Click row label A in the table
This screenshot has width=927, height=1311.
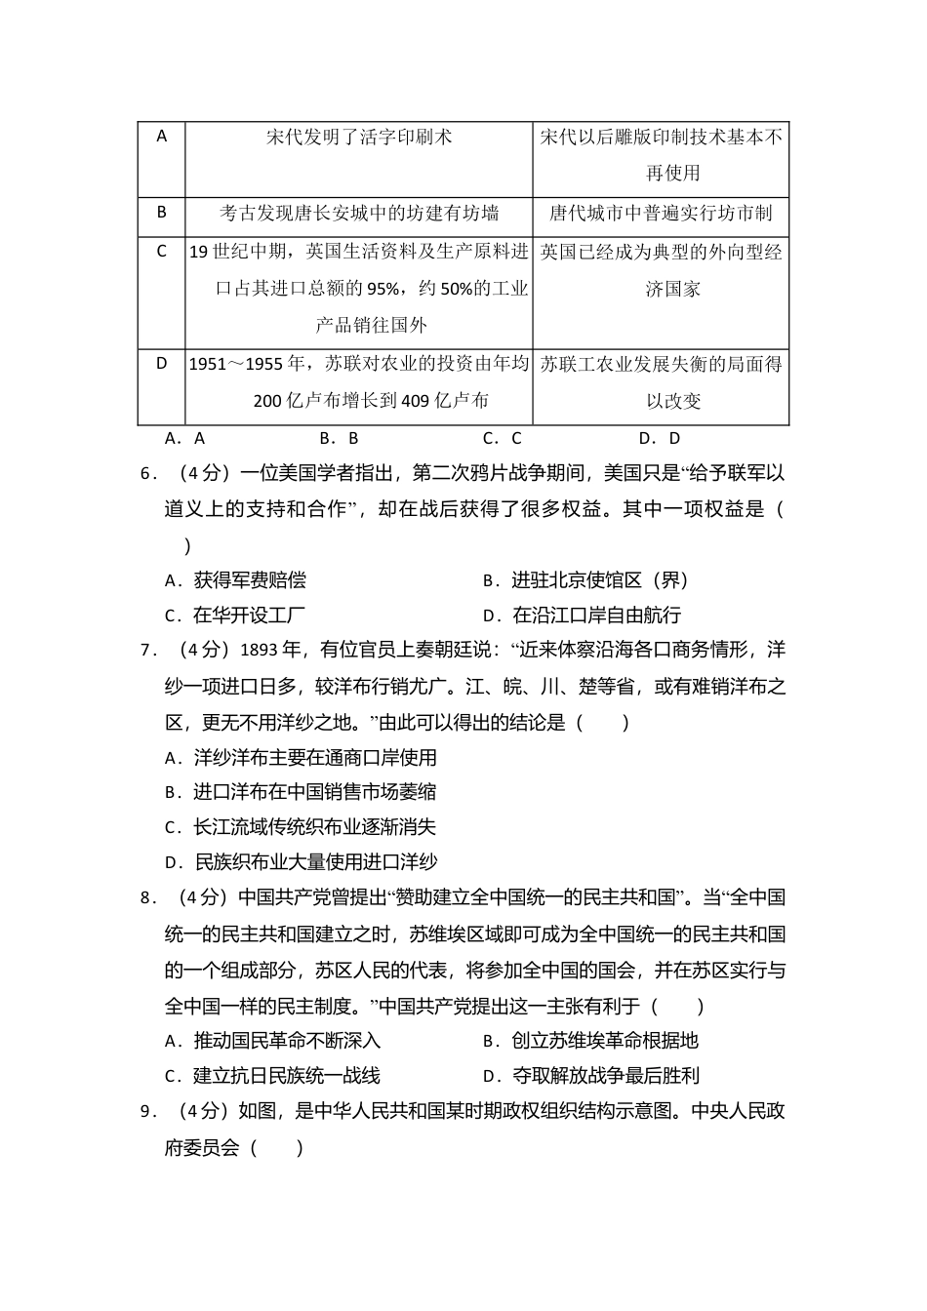162,137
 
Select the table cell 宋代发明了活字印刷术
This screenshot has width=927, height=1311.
359,138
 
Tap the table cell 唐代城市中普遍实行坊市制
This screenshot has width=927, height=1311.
661,214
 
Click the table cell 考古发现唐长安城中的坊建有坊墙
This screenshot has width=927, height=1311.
359,214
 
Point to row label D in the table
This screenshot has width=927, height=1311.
162,364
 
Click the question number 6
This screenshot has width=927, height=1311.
149,474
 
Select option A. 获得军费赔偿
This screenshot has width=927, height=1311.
235,580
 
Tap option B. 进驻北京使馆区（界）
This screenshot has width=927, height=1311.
585,580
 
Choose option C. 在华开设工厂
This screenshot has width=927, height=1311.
235,616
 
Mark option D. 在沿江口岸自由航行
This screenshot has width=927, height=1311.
582,616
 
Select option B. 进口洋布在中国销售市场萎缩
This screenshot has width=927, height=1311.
301,792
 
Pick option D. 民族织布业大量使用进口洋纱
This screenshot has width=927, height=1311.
301,862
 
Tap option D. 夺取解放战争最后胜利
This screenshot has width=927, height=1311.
591,1076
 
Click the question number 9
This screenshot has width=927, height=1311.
149,1111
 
